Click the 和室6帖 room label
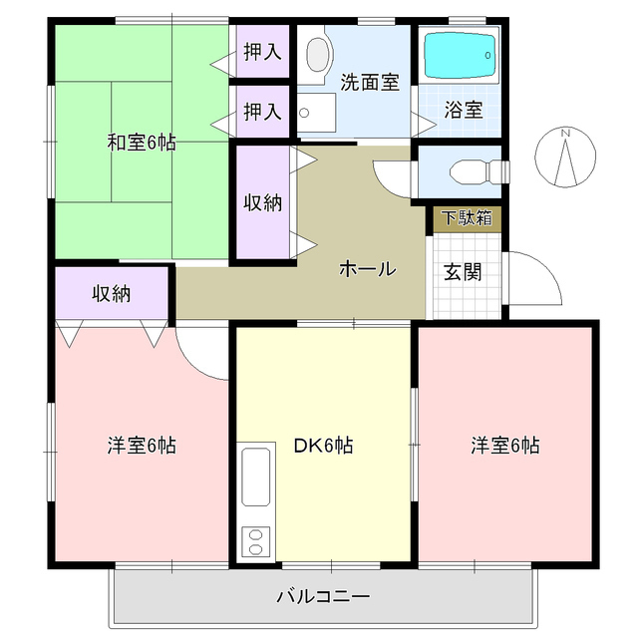(x=142, y=143)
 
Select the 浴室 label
(x=465, y=110)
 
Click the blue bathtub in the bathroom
(x=460, y=57)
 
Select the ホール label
(x=368, y=268)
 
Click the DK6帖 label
(x=322, y=446)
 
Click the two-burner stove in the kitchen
(x=255, y=542)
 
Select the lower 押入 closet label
(x=263, y=113)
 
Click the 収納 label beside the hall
(x=263, y=201)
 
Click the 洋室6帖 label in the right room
(x=505, y=446)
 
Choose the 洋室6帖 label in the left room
(x=142, y=446)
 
